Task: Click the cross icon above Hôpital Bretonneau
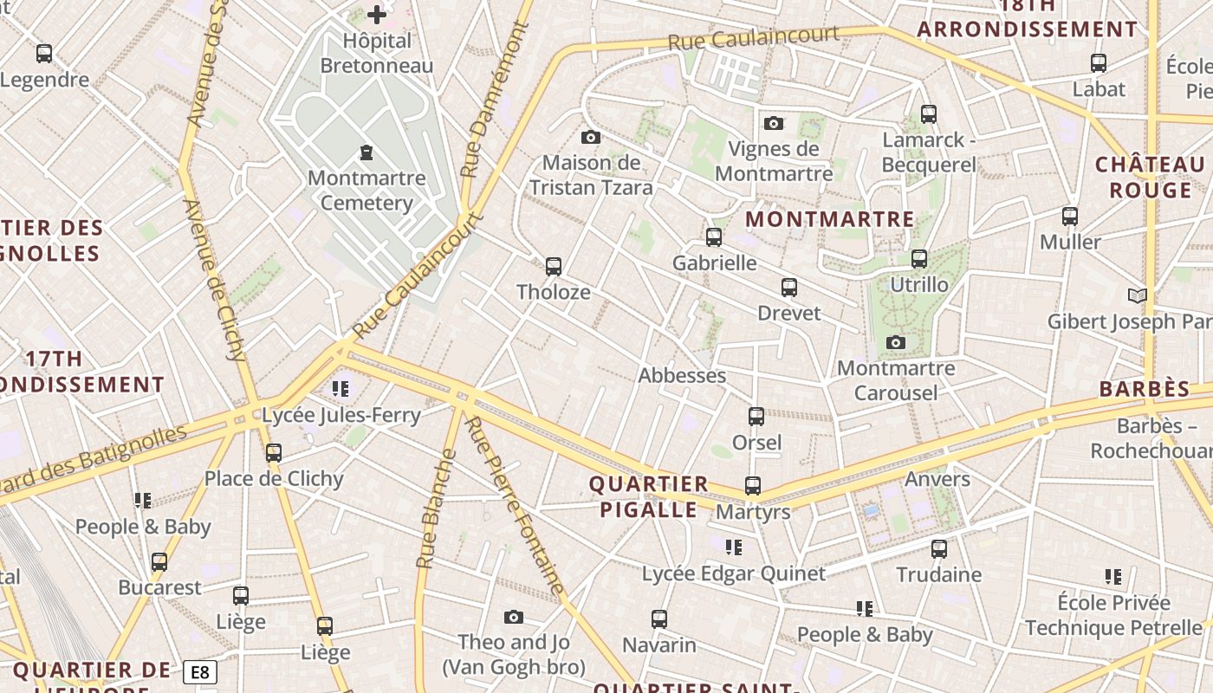coord(377,14)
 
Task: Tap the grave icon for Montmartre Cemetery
coord(366,153)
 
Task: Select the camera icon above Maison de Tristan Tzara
coord(591,137)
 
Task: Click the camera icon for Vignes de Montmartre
coord(774,123)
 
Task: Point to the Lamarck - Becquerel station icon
coord(929,113)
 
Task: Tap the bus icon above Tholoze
coord(554,266)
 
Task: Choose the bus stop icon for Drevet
coord(788,287)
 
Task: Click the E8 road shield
coord(200,672)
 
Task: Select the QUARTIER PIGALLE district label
coord(649,497)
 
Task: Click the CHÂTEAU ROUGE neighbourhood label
coord(1150,178)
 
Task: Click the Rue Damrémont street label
coord(495,100)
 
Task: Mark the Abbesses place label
coord(682,375)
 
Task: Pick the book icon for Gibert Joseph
coord(1137,295)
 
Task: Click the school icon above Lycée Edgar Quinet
coord(734,547)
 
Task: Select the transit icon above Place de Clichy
coord(274,452)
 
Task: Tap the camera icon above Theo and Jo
coord(514,617)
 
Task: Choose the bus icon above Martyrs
coord(753,486)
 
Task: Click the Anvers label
coord(937,479)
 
